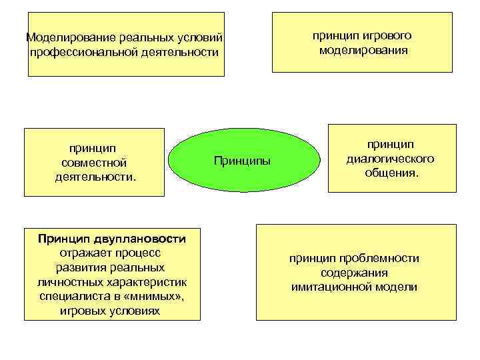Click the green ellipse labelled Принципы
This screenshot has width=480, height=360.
pos(243,160)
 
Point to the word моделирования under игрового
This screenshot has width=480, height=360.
pos(363,50)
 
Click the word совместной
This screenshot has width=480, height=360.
pos(93,163)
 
